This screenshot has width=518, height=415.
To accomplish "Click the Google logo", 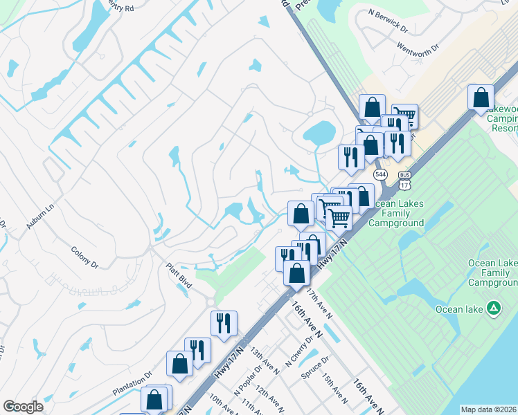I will tap(23, 407).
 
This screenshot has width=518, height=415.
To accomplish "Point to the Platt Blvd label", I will tap(178, 275).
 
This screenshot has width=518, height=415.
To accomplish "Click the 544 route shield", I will tap(380, 174).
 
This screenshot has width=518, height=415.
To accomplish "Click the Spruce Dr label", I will tap(316, 362).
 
